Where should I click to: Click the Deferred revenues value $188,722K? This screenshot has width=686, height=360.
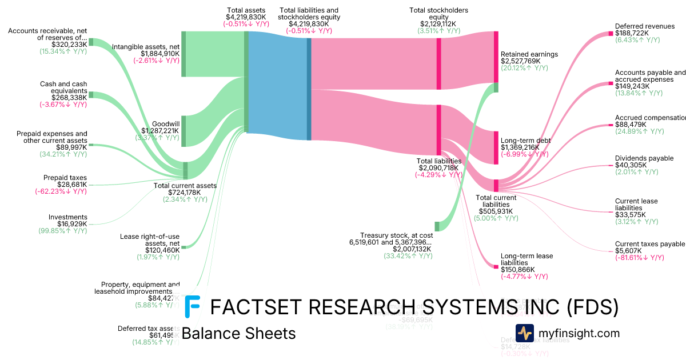pyautogui.click(x=632, y=33)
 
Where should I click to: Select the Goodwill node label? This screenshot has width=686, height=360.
pyautogui.click(x=166, y=123)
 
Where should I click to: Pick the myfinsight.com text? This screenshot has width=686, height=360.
pyautogui.click(x=579, y=333)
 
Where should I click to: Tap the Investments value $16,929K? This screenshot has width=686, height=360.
pyautogui.click(x=69, y=224)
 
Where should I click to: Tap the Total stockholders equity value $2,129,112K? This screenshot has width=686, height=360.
pyautogui.click(x=438, y=24)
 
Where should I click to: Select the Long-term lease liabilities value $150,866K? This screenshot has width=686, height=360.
pyautogui.click(x=517, y=270)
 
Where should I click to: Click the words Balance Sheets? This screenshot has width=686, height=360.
pyautogui.click(x=238, y=333)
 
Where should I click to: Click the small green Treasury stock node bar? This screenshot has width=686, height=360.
pyautogui.click(x=437, y=226)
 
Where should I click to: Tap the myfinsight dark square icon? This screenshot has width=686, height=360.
pyautogui.click(x=524, y=333)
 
